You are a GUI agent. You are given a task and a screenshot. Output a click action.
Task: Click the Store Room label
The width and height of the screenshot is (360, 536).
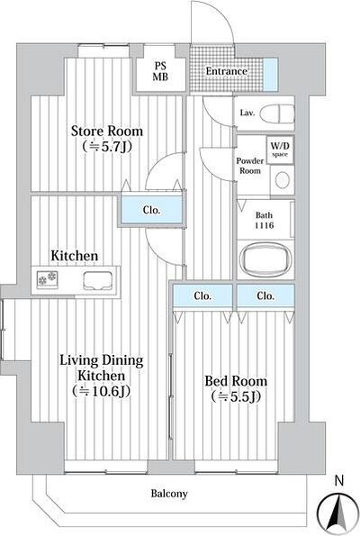tap(107, 132)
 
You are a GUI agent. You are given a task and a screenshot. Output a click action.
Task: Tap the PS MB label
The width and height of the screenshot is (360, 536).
tap(160, 71)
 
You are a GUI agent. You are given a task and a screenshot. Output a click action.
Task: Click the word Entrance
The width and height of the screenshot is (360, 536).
tap(227, 71)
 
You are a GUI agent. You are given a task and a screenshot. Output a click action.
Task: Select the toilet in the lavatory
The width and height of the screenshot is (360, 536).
tap(277, 114)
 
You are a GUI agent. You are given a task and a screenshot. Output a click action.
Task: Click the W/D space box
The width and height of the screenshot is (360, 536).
tap(280, 150)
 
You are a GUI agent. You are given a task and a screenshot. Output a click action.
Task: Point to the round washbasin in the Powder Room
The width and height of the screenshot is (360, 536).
tap(283, 180)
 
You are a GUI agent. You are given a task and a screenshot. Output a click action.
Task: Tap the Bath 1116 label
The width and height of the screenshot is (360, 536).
tap(265, 220)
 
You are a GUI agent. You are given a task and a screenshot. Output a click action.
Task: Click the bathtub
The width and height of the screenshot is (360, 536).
tap(265, 259)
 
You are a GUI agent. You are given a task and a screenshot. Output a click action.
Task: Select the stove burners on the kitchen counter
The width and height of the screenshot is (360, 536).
tap(47, 278)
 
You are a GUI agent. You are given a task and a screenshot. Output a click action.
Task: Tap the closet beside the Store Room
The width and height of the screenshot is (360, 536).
tap(151, 210)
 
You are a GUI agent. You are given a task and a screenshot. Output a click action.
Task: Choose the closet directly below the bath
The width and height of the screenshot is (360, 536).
tap(265, 295)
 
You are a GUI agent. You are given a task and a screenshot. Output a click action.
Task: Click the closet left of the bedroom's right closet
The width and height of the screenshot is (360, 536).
tap(202, 295)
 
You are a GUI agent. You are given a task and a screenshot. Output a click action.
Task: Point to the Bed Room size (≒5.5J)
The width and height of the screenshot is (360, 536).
tap(236, 396)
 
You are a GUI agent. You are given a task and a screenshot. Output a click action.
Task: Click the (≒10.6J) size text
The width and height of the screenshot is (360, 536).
tap(102, 391)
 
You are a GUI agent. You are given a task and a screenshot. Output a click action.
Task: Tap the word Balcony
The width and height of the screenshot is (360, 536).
tap(169, 494)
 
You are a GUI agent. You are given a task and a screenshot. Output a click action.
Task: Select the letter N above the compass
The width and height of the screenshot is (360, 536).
tap(338, 481)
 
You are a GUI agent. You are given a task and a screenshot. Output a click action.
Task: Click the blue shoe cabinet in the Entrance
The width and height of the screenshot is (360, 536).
tap(271, 75)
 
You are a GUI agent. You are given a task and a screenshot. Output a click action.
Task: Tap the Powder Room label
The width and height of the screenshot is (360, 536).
tap(250, 166)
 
